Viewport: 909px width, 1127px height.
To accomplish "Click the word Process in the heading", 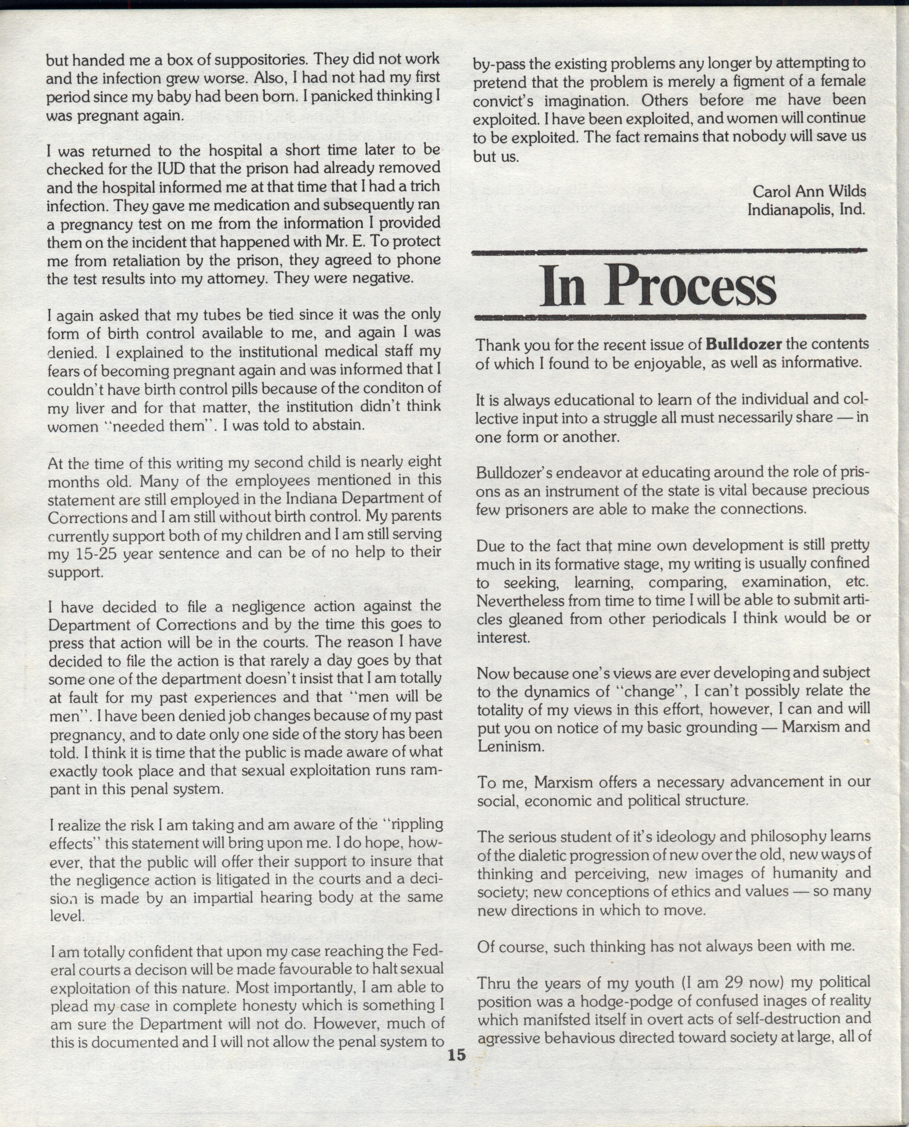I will click(x=691, y=286).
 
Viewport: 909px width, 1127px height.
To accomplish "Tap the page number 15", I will click(x=457, y=1054).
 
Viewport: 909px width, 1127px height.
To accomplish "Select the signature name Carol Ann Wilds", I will click(x=809, y=191).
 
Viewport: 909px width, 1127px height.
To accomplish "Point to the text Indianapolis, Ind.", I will click(x=806, y=210).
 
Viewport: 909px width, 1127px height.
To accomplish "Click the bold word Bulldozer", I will click(x=744, y=344).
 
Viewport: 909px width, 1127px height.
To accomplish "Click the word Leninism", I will click(x=511, y=746).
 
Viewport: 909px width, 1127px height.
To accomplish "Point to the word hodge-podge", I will click(x=607, y=1001).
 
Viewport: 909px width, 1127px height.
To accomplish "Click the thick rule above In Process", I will click(x=669, y=253).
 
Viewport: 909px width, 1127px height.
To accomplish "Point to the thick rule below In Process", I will click(x=669, y=316).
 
